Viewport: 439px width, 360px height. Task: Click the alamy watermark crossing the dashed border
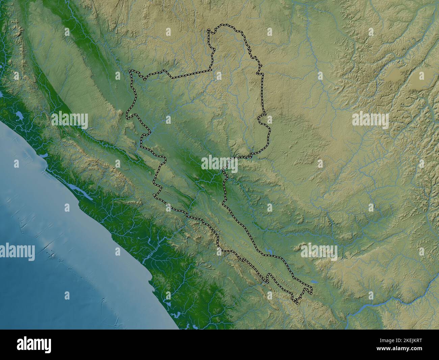[219, 164]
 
